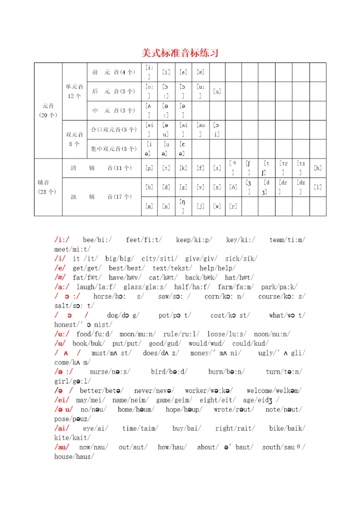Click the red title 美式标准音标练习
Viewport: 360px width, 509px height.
point(180,53)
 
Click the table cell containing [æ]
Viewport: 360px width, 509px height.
point(200,72)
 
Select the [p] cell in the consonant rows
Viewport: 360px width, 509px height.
point(149,168)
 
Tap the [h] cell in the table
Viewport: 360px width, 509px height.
point(317,168)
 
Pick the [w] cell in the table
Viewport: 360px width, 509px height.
point(216,206)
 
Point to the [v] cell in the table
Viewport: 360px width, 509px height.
point(200,187)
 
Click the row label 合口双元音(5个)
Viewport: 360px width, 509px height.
point(113,130)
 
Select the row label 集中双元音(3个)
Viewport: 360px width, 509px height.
point(113,149)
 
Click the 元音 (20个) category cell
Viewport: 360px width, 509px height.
point(48,110)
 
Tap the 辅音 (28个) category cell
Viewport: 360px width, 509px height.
point(48,187)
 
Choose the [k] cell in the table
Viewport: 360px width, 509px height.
point(183,168)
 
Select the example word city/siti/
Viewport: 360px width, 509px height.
point(159,259)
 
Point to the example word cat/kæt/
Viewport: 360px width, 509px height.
point(160,277)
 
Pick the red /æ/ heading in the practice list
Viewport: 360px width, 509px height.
point(60,277)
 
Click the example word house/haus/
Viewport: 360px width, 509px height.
point(74,456)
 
